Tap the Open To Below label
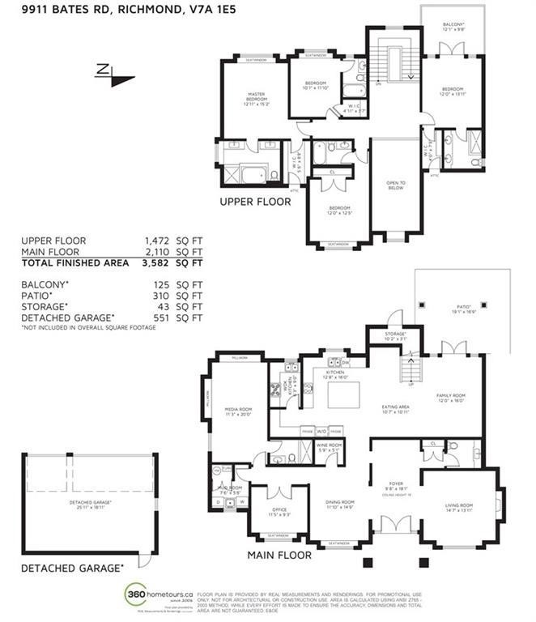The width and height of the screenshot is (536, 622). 394,185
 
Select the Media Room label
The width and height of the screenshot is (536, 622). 239,411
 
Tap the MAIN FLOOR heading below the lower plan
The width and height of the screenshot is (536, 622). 279,556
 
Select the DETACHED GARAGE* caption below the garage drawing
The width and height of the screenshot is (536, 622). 72,568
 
